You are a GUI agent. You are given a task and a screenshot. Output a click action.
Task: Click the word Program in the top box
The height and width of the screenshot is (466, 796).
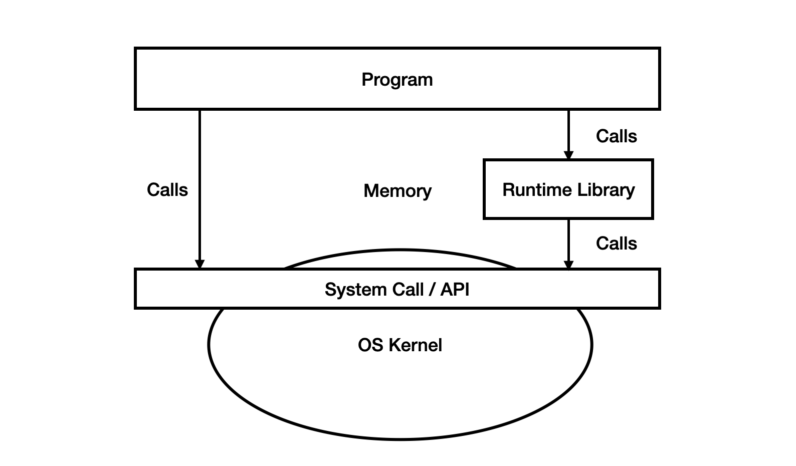click(397, 80)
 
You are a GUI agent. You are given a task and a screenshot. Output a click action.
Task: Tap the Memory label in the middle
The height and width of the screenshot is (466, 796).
click(397, 191)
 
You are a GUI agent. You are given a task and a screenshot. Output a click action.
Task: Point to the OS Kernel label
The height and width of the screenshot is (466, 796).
click(400, 345)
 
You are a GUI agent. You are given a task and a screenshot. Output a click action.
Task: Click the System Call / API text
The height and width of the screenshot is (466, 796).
click(397, 290)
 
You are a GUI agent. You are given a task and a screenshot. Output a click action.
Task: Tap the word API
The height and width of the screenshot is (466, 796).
click(455, 290)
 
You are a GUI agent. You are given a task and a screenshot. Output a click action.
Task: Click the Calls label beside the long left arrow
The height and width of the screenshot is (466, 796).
click(167, 190)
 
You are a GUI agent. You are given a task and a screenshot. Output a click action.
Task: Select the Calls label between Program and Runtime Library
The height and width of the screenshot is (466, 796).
click(616, 136)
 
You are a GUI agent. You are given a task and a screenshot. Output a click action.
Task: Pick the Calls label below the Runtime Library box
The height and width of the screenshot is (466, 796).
click(616, 244)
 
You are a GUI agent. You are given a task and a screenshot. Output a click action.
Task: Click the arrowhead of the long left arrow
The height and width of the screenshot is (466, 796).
click(200, 264)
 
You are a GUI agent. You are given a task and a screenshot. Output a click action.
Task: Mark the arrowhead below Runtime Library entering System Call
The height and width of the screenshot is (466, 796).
click(568, 264)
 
